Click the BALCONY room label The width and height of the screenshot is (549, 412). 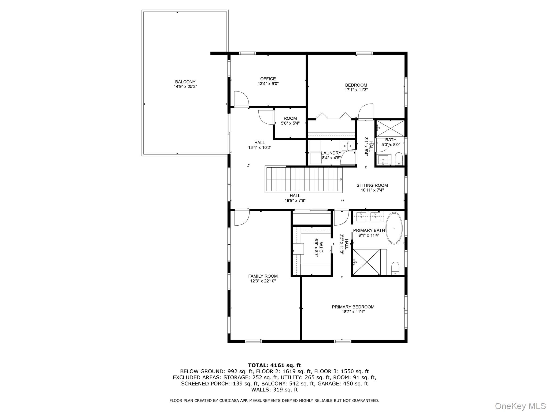(x=185, y=82)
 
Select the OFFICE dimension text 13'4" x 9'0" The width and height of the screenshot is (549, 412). (x=268, y=84)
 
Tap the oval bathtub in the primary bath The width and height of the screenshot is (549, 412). (x=394, y=228)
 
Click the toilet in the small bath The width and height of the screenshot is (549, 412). (x=399, y=159)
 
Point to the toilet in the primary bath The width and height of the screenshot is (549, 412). (x=395, y=268)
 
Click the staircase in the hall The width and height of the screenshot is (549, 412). (x=304, y=179)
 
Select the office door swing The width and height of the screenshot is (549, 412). (x=241, y=99)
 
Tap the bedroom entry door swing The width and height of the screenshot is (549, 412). (x=366, y=111)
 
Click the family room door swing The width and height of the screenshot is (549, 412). (x=242, y=218)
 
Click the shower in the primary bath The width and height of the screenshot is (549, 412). (x=367, y=262)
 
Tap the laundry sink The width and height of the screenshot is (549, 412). (x=347, y=146)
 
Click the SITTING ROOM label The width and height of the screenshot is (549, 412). (x=372, y=185)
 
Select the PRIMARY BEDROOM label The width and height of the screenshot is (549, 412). (x=353, y=307)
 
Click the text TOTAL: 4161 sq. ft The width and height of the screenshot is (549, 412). (x=274, y=365)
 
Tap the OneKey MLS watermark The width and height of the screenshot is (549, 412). (x=520, y=406)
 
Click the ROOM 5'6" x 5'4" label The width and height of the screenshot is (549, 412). (x=290, y=121)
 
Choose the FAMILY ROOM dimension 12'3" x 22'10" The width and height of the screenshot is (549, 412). (x=263, y=281)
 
